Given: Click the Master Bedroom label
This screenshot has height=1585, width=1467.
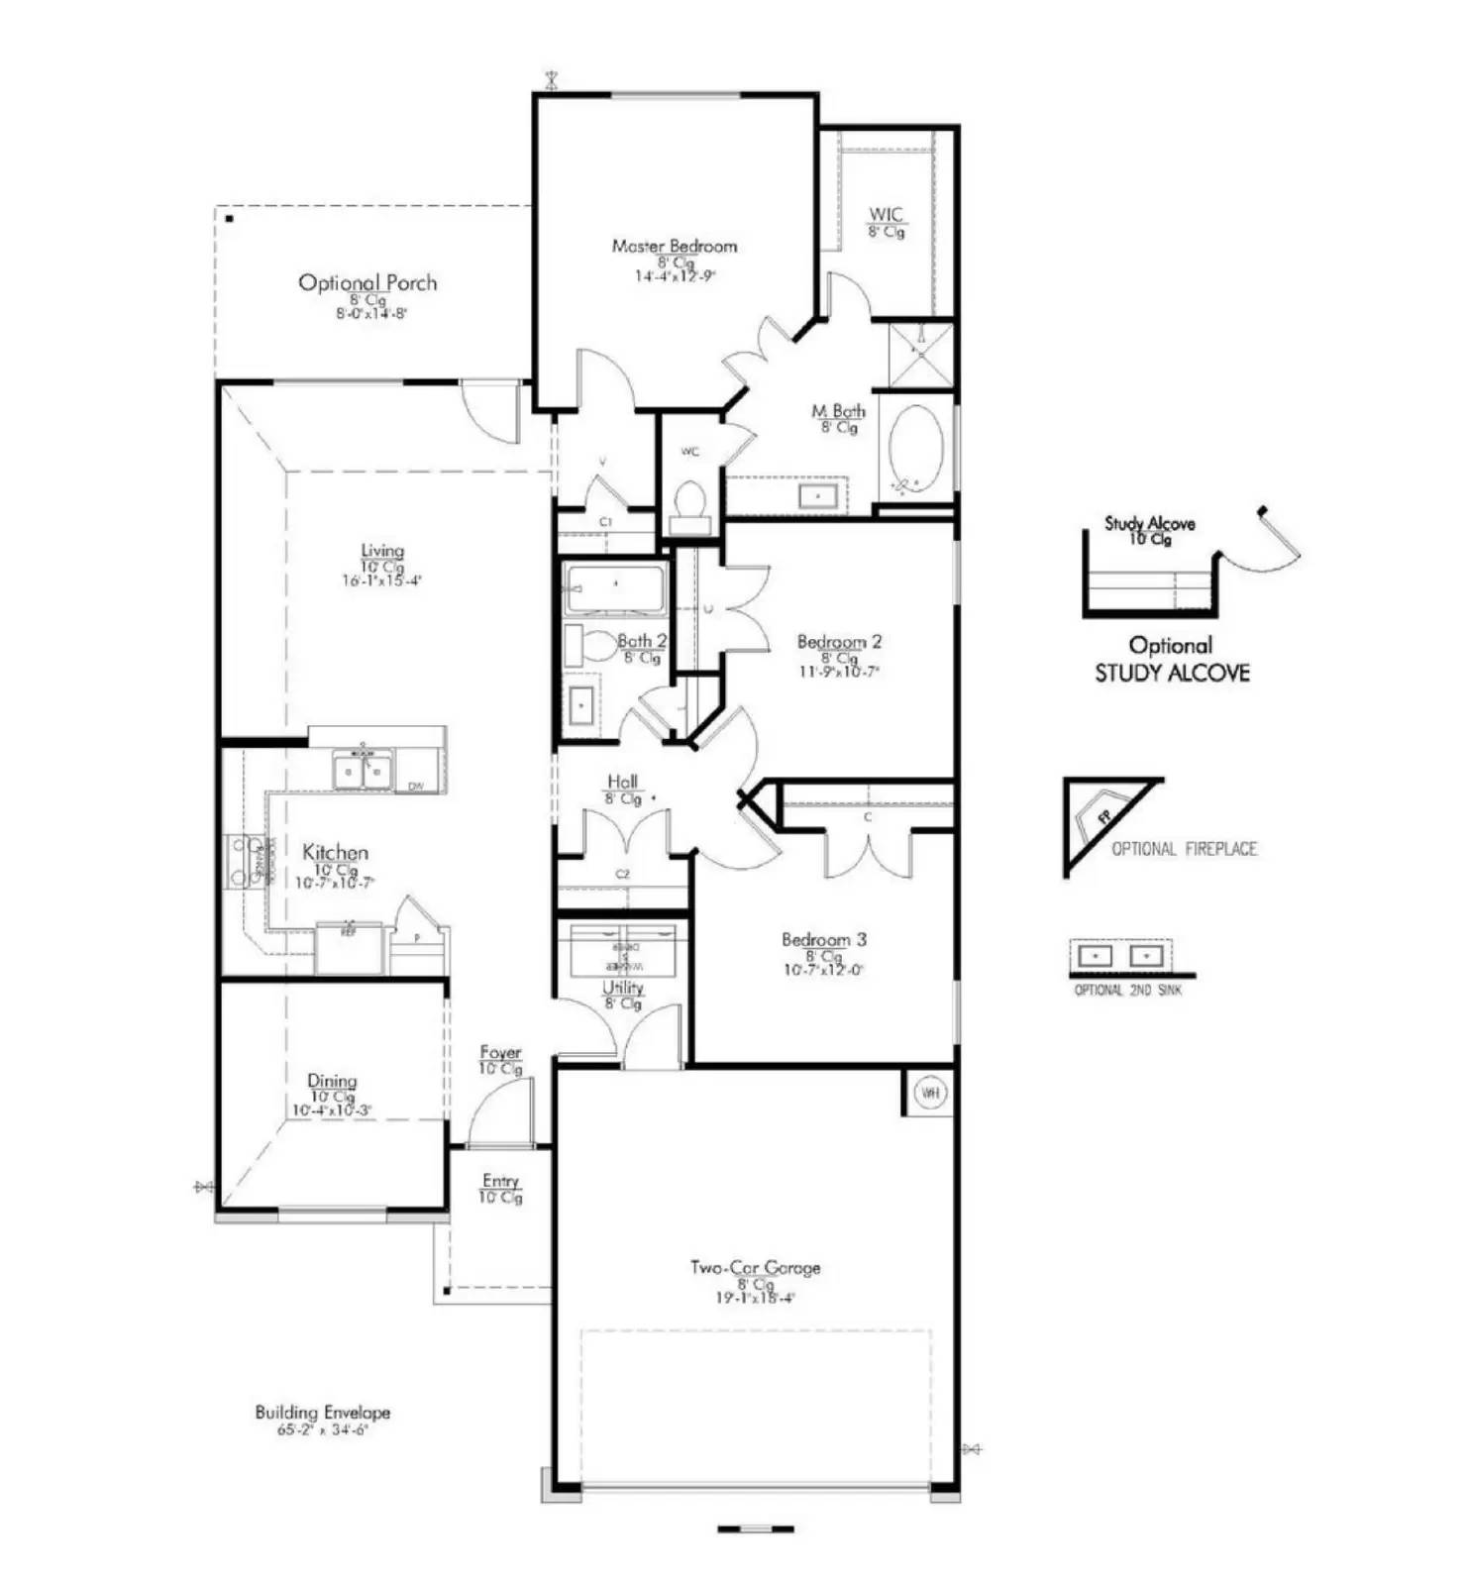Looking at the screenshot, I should click(674, 246).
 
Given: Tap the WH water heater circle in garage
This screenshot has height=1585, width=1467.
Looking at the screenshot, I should click(929, 1092).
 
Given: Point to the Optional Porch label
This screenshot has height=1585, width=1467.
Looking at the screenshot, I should click(367, 283).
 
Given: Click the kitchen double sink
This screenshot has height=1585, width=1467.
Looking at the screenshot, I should click(363, 770).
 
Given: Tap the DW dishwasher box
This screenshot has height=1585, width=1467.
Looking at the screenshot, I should click(416, 786).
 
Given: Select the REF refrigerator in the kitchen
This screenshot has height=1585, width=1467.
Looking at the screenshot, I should click(348, 948).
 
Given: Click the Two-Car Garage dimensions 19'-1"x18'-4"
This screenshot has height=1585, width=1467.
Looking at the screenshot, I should click(755, 1298).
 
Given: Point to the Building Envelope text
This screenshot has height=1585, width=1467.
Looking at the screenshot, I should click(322, 1413).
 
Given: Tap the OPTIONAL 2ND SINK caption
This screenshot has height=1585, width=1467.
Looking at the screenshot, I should click(1127, 990).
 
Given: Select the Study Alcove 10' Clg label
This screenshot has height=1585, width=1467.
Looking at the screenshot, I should click(1150, 530).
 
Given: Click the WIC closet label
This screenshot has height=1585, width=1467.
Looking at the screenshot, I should click(886, 215).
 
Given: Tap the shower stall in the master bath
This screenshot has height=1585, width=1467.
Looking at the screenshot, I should click(920, 353).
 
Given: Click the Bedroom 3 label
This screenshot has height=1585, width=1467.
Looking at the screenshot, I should click(823, 939).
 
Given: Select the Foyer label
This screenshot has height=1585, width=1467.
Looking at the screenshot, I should click(500, 1052).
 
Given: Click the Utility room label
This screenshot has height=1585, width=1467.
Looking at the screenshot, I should click(622, 988).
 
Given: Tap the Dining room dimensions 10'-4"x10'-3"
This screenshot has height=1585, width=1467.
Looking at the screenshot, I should click(332, 1111).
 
